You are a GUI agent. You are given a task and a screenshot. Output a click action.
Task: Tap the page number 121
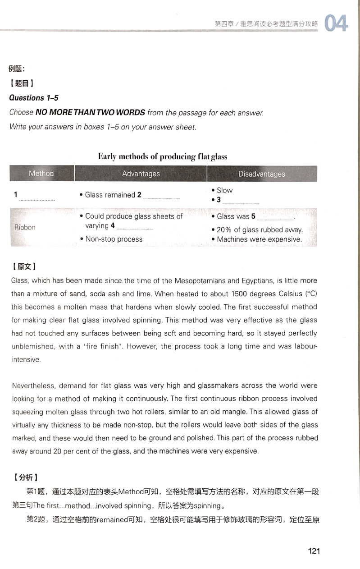pos(313,551)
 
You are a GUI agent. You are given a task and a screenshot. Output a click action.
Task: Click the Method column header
pos(41,174)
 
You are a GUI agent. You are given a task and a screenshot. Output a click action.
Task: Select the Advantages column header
pos(141,174)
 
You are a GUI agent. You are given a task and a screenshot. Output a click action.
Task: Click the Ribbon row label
pos(25,227)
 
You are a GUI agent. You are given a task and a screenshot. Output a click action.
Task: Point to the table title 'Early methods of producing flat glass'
pos(163,156)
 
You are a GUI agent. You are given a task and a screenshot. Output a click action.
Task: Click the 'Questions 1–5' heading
pos(34,98)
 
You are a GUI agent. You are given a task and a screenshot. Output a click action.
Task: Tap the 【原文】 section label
pos(24,266)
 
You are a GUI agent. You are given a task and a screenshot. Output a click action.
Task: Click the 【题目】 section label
pos(22,83)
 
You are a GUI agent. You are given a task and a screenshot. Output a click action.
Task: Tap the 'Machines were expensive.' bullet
pos(259,239)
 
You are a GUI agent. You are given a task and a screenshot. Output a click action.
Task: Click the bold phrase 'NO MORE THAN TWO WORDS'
pos(90,112)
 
